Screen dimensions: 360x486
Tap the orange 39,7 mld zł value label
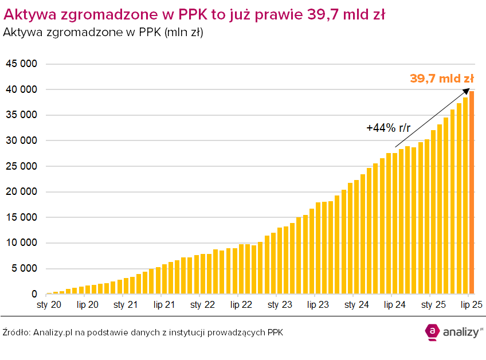pos(441,79)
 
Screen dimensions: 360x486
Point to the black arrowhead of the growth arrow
pos(467,91)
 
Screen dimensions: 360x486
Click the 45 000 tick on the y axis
pos(21,64)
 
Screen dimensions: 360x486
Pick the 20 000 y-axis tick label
pos(21,192)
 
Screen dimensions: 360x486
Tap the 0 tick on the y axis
pos(34,295)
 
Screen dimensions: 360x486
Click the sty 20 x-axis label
pos(49,305)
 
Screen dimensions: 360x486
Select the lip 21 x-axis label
pos(164,305)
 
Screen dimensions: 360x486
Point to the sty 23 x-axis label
pos(279,305)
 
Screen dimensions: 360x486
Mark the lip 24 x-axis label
pos(394,305)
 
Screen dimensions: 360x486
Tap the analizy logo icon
pos(432,331)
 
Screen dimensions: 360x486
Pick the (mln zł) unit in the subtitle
pos(183,33)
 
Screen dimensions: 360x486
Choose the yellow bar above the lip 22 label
pos(241,269)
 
